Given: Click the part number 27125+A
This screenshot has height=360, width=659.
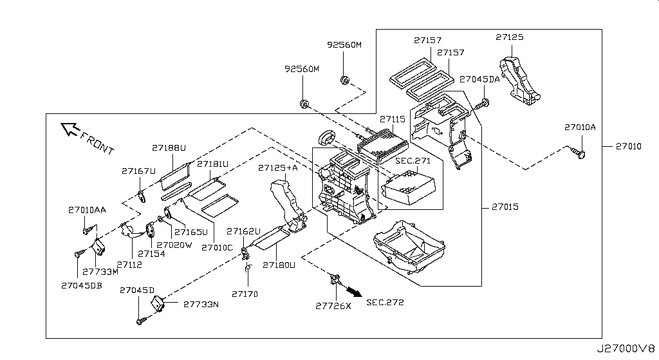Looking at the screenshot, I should (278, 168).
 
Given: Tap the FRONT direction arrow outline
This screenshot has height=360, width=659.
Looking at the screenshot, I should (70, 130).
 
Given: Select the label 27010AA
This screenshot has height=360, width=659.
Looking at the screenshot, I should (87, 210).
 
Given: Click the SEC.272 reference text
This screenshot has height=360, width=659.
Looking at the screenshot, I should (385, 303).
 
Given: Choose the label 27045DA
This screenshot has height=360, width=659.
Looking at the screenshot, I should (479, 79).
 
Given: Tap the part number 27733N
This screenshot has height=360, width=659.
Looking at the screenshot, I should (201, 304).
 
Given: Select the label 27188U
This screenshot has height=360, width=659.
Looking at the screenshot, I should (169, 148).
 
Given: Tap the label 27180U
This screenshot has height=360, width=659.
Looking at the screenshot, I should (279, 265).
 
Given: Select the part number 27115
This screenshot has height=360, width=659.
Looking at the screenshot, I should (392, 119).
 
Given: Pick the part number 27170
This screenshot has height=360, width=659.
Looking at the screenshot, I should (245, 294).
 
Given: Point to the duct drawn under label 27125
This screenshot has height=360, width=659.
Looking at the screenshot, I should (519, 79).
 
